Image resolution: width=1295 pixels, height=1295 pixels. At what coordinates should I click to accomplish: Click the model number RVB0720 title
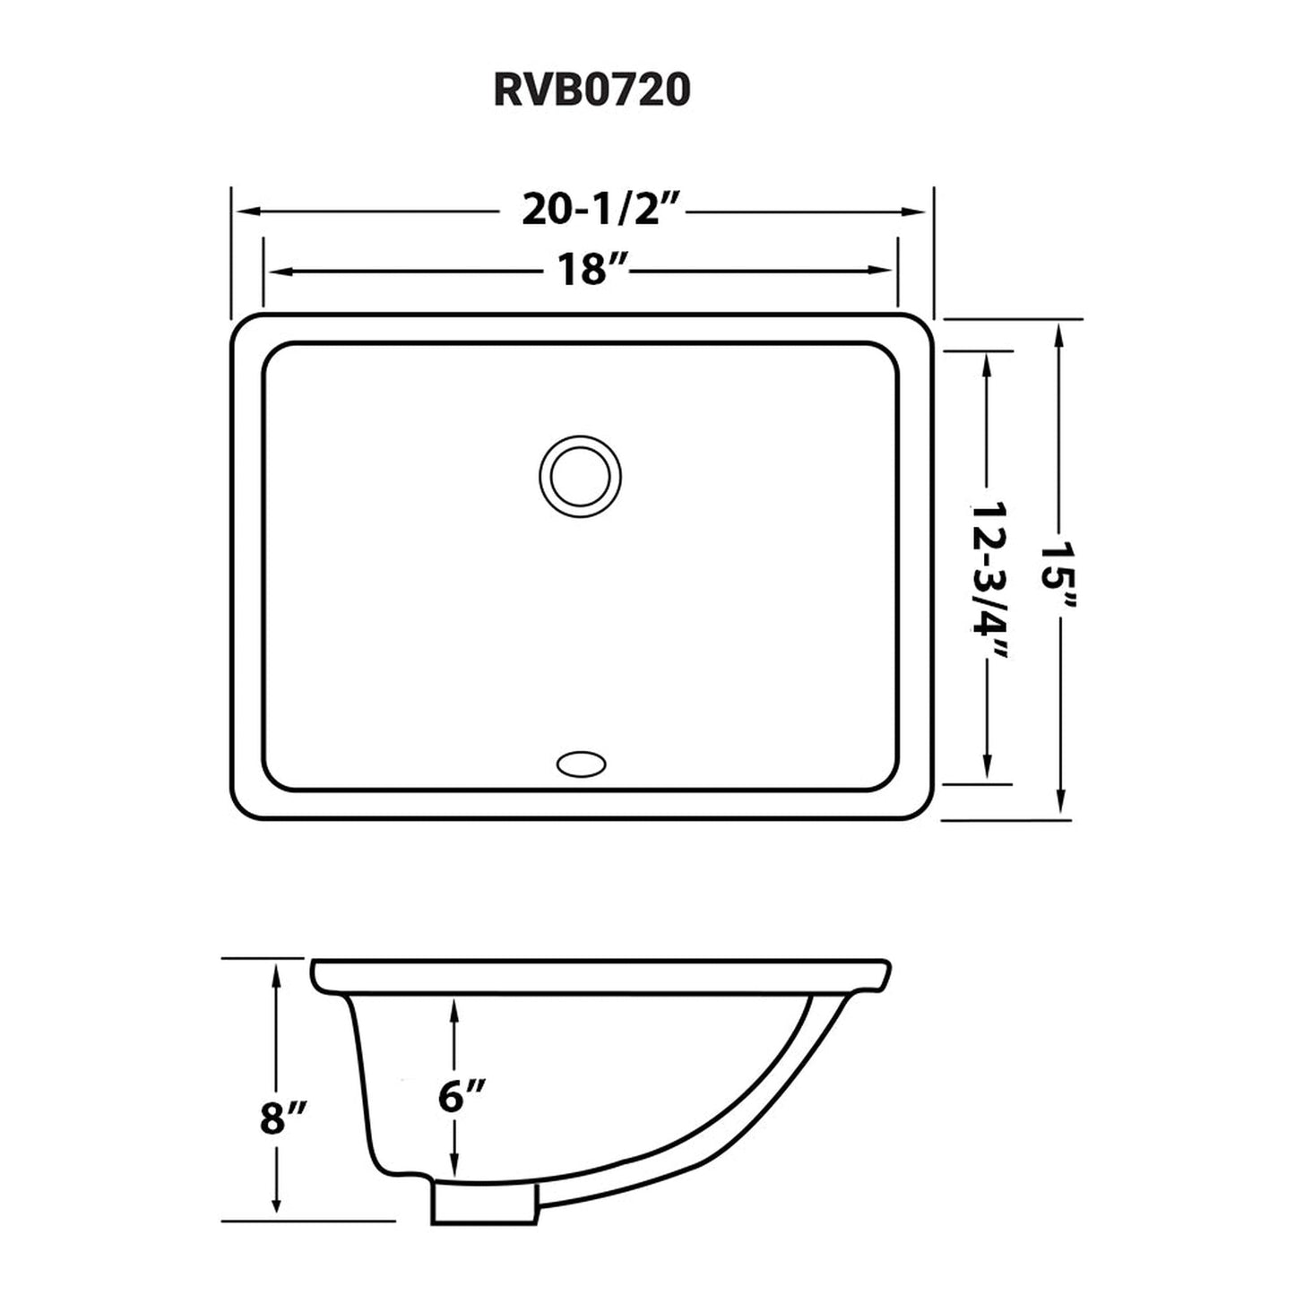coord(591,91)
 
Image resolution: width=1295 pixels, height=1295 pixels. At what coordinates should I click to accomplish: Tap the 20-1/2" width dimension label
coord(591,211)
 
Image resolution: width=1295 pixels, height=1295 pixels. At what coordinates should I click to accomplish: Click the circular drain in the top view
coord(580,476)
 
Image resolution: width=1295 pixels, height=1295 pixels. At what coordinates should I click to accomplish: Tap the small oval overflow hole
coord(581,764)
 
